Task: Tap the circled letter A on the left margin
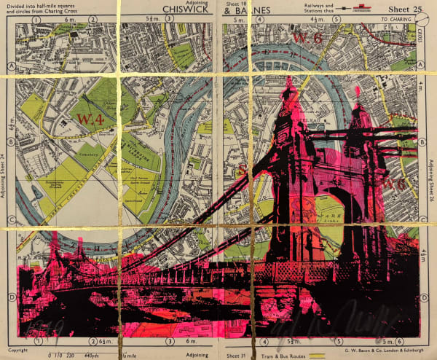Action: coord(11,63)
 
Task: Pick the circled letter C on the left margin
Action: coord(11,219)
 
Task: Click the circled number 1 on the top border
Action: coord(36,19)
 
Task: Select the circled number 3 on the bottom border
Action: coord(170,340)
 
